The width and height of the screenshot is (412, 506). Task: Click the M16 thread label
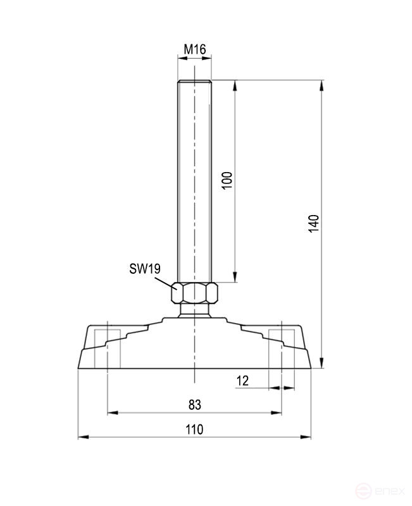coord(195,49)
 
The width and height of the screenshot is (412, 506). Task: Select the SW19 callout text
coord(144,269)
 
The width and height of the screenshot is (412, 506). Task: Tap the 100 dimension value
coord(228,181)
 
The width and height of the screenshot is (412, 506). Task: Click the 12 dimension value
coord(242,380)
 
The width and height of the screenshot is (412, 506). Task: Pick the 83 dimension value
coord(194,404)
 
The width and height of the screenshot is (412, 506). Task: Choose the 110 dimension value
coord(194,429)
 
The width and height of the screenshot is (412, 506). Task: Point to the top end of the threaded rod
coord(195,82)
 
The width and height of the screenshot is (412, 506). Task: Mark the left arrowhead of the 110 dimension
coord(81,437)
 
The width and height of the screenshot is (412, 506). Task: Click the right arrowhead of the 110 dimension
coord(310,437)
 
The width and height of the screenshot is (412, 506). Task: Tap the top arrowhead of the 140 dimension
coord(323,84)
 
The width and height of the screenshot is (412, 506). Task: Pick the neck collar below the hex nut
coord(195,310)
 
